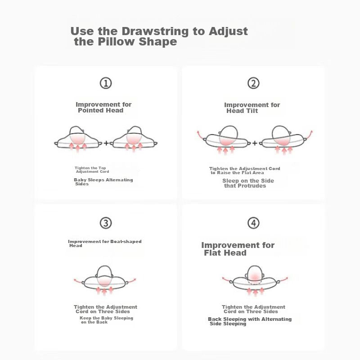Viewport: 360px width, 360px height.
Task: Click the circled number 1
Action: point(106,83)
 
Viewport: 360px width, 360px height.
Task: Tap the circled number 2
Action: point(253,83)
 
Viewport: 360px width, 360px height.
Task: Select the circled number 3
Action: point(106,223)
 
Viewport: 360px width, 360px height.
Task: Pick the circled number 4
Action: point(253,223)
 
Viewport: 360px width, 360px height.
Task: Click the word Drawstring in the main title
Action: point(155,31)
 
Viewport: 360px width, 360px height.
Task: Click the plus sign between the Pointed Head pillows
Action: point(106,143)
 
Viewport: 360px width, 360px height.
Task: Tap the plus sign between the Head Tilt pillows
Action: point(255,143)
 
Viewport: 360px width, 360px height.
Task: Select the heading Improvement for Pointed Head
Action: point(103,107)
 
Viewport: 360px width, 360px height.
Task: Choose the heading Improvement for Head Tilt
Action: point(252,108)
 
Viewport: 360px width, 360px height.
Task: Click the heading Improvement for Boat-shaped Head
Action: point(105,243)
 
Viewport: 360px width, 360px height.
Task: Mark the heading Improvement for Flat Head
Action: point(238,249)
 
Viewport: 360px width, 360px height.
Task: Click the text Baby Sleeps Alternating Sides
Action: point(103,182)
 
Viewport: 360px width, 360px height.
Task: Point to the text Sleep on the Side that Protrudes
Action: point(248,183)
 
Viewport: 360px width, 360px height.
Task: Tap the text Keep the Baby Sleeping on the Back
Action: point(106,320)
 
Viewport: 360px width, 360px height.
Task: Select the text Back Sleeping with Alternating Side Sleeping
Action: point(250,321)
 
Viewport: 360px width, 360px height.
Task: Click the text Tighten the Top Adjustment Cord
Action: point(91,170)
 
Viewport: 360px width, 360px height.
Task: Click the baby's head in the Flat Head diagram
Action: point(254,275)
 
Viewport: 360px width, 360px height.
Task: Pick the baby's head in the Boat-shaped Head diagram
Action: point(104,276)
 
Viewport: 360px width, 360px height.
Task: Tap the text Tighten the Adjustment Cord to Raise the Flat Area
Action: point(244,171)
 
